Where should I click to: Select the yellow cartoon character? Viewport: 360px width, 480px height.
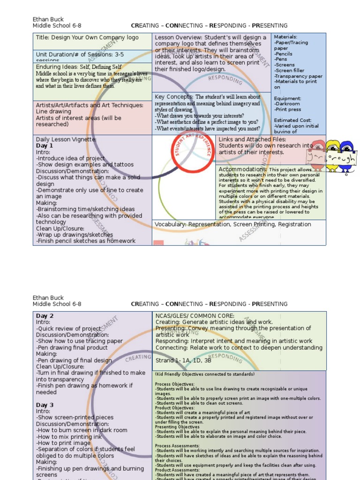333,152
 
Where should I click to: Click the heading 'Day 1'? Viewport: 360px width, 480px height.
45,146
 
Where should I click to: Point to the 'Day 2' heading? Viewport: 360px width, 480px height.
45,316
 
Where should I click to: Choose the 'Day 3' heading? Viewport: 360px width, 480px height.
45,405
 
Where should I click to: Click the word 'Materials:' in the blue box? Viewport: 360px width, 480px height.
285,37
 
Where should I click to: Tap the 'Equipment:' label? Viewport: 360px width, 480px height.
287,98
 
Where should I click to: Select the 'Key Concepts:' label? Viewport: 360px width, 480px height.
174,97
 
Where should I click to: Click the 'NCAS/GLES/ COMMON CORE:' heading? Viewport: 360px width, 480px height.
195,316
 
